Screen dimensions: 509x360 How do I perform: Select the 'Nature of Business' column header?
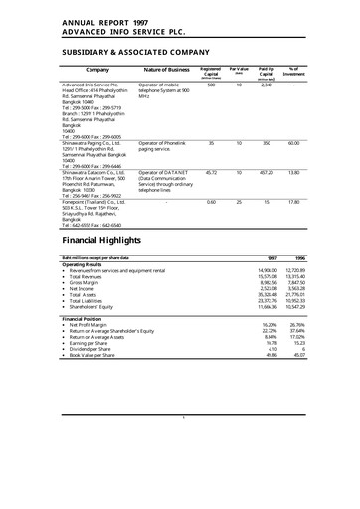167,70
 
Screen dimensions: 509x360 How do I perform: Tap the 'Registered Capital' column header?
211,71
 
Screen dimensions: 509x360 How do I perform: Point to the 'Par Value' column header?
239,69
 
